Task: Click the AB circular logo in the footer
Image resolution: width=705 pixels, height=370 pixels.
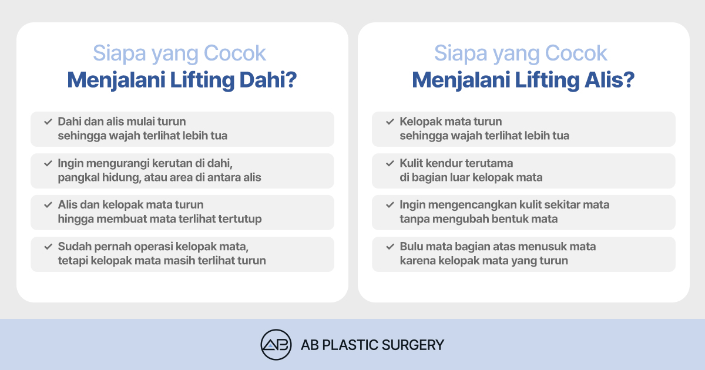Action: [x=276, y=345]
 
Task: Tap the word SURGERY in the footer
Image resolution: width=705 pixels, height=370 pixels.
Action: [x=412, y=345]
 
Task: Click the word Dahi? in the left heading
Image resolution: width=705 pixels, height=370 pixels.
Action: [x=268, y=80]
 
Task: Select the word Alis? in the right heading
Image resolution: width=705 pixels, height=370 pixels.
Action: [x=609, y=80]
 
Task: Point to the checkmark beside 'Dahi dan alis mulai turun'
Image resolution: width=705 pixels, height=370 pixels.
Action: [x=48, y=122]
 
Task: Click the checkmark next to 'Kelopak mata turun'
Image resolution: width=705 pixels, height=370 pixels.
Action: [x=390, y=122]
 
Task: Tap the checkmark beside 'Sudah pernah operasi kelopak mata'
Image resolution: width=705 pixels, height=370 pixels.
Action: [x=48, y=246]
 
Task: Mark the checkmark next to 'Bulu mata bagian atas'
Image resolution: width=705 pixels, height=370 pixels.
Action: [x=390, y=246]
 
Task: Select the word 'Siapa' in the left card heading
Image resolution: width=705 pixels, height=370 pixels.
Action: [x=119, y=53]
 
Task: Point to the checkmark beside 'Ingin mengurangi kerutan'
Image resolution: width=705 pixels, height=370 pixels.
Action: [x=48, y=163]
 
